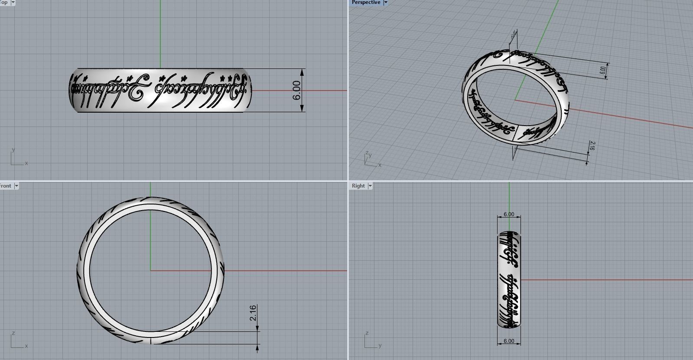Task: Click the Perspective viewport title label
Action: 365,2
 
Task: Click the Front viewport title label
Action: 6,186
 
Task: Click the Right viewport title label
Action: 358,186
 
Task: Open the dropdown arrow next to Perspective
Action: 385,2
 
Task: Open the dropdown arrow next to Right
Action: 370,186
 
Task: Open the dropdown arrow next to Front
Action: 16,186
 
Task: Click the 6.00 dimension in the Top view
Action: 297,90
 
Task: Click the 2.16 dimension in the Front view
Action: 253,313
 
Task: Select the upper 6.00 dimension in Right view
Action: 509,214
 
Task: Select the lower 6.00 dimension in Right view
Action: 509,341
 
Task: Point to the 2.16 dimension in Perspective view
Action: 592,146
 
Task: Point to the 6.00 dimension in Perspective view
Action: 603,70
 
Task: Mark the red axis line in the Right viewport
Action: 607,279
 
